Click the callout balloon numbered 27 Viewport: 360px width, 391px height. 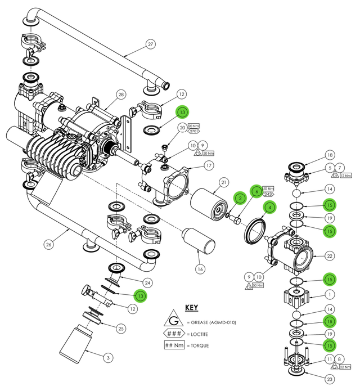point(150,44)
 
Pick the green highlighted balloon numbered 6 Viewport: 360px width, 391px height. point(256,191)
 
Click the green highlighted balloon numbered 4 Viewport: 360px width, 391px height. point(270,207)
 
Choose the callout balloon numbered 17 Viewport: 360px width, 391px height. point(208,165)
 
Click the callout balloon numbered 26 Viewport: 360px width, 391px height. point(48,244)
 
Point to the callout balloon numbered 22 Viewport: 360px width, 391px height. point(330,256)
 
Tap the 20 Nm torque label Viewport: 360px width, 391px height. point(193,126)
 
